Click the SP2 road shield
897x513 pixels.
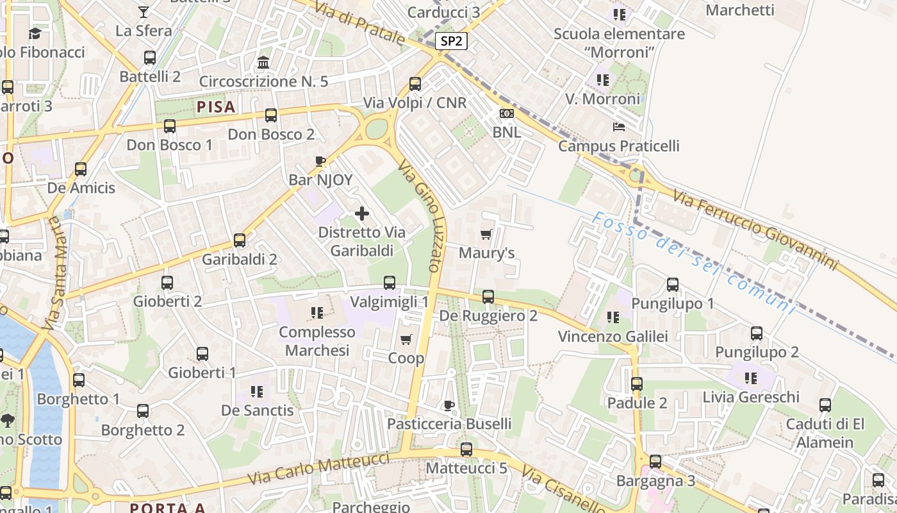tap(451, 42)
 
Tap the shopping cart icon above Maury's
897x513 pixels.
tap(486, 234)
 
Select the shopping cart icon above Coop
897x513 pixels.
tap(406, 339)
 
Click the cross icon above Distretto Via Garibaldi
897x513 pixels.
tap(362, 214)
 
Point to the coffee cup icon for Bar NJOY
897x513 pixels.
tap(320, 161)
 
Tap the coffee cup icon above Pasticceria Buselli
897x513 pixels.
tap(449, 405)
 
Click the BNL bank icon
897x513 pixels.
tap(506, 114)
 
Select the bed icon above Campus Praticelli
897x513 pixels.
tap(618, 127)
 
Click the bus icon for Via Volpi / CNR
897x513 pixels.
tap(415, 83)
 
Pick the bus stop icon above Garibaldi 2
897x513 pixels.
tap(240, 240)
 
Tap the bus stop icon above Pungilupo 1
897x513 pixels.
tap(673, 285)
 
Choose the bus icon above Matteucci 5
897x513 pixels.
tap(466, 450)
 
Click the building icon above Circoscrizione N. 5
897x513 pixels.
tap(263, 63)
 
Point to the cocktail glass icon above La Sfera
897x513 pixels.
tap(144, 12)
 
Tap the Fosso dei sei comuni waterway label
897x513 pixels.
tap(692, 264)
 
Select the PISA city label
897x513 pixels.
tap(216, 106)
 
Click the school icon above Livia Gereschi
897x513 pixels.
tap(751, 378)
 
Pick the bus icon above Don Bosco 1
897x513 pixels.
tap(170, 126)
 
